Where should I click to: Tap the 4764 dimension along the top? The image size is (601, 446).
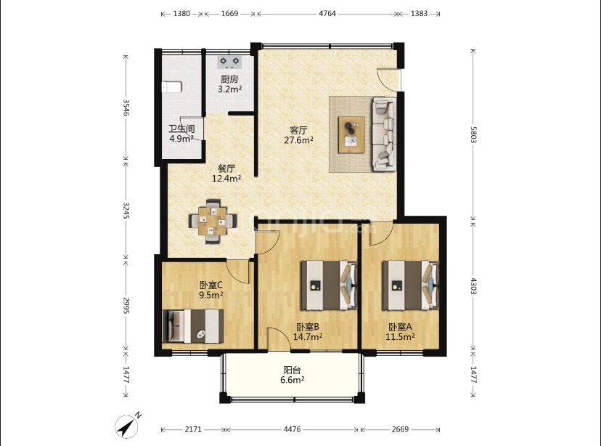[x=327, y=13]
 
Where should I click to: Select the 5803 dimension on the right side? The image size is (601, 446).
[x=473, y=134]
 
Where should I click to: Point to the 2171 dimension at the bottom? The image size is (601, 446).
[x=193, y=429]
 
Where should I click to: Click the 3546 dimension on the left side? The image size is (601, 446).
[x=126, y=108]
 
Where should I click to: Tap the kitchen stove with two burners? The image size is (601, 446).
[x=229, y=62]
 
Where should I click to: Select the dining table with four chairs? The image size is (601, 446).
[x=213, y=222]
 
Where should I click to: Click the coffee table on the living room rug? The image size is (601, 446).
[x=351, y=134]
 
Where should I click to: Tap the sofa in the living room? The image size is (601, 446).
[x=385, y=134]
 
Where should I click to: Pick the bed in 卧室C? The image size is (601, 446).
[x=193, y=326]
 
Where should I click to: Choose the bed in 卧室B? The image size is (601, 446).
[x=329, y=285]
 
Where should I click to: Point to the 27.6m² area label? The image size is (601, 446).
[x=298, y=140]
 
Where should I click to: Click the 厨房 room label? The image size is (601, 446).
[x=229, y=79]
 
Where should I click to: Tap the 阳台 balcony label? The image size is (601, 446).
[x=292, y=370]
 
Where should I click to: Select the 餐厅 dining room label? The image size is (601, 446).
[x=226, y=169]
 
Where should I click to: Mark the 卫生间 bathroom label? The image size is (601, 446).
[x=181, y=129]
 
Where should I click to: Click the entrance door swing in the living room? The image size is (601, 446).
[x=386, y=79]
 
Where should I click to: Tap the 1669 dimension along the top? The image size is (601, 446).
[x=229, y=13]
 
